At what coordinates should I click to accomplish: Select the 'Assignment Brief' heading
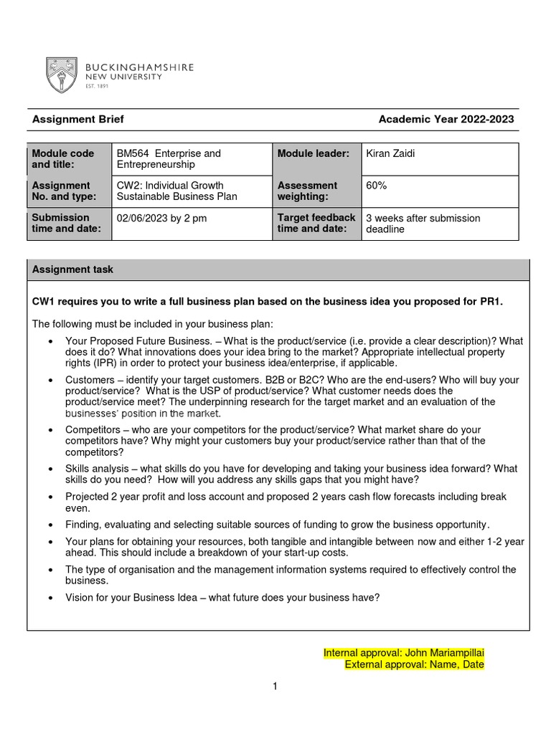pyautogui.click(x=78, y=120)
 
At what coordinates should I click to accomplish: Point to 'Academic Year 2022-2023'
pyautogui.click(x=446, y=120)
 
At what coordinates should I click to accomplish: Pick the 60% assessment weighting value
pyautogui.click(x=377, y=186)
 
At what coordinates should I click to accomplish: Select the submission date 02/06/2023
pyautogui.click(x=142, y=218)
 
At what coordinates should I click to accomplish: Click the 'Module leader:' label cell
pyautogui.click(x=314, y=153)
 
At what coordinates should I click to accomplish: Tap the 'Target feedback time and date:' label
pyautogui.click(x=316, y=223)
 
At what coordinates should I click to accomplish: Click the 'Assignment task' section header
pyautogui.click(x=72, y=270)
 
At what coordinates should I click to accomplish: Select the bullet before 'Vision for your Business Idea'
pyautogui.click(x=50, y=598)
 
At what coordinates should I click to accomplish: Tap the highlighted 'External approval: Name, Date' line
pyautogui.click(x=414, y=664)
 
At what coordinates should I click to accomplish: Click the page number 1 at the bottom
pyautogui.click(x=275, y=687)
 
